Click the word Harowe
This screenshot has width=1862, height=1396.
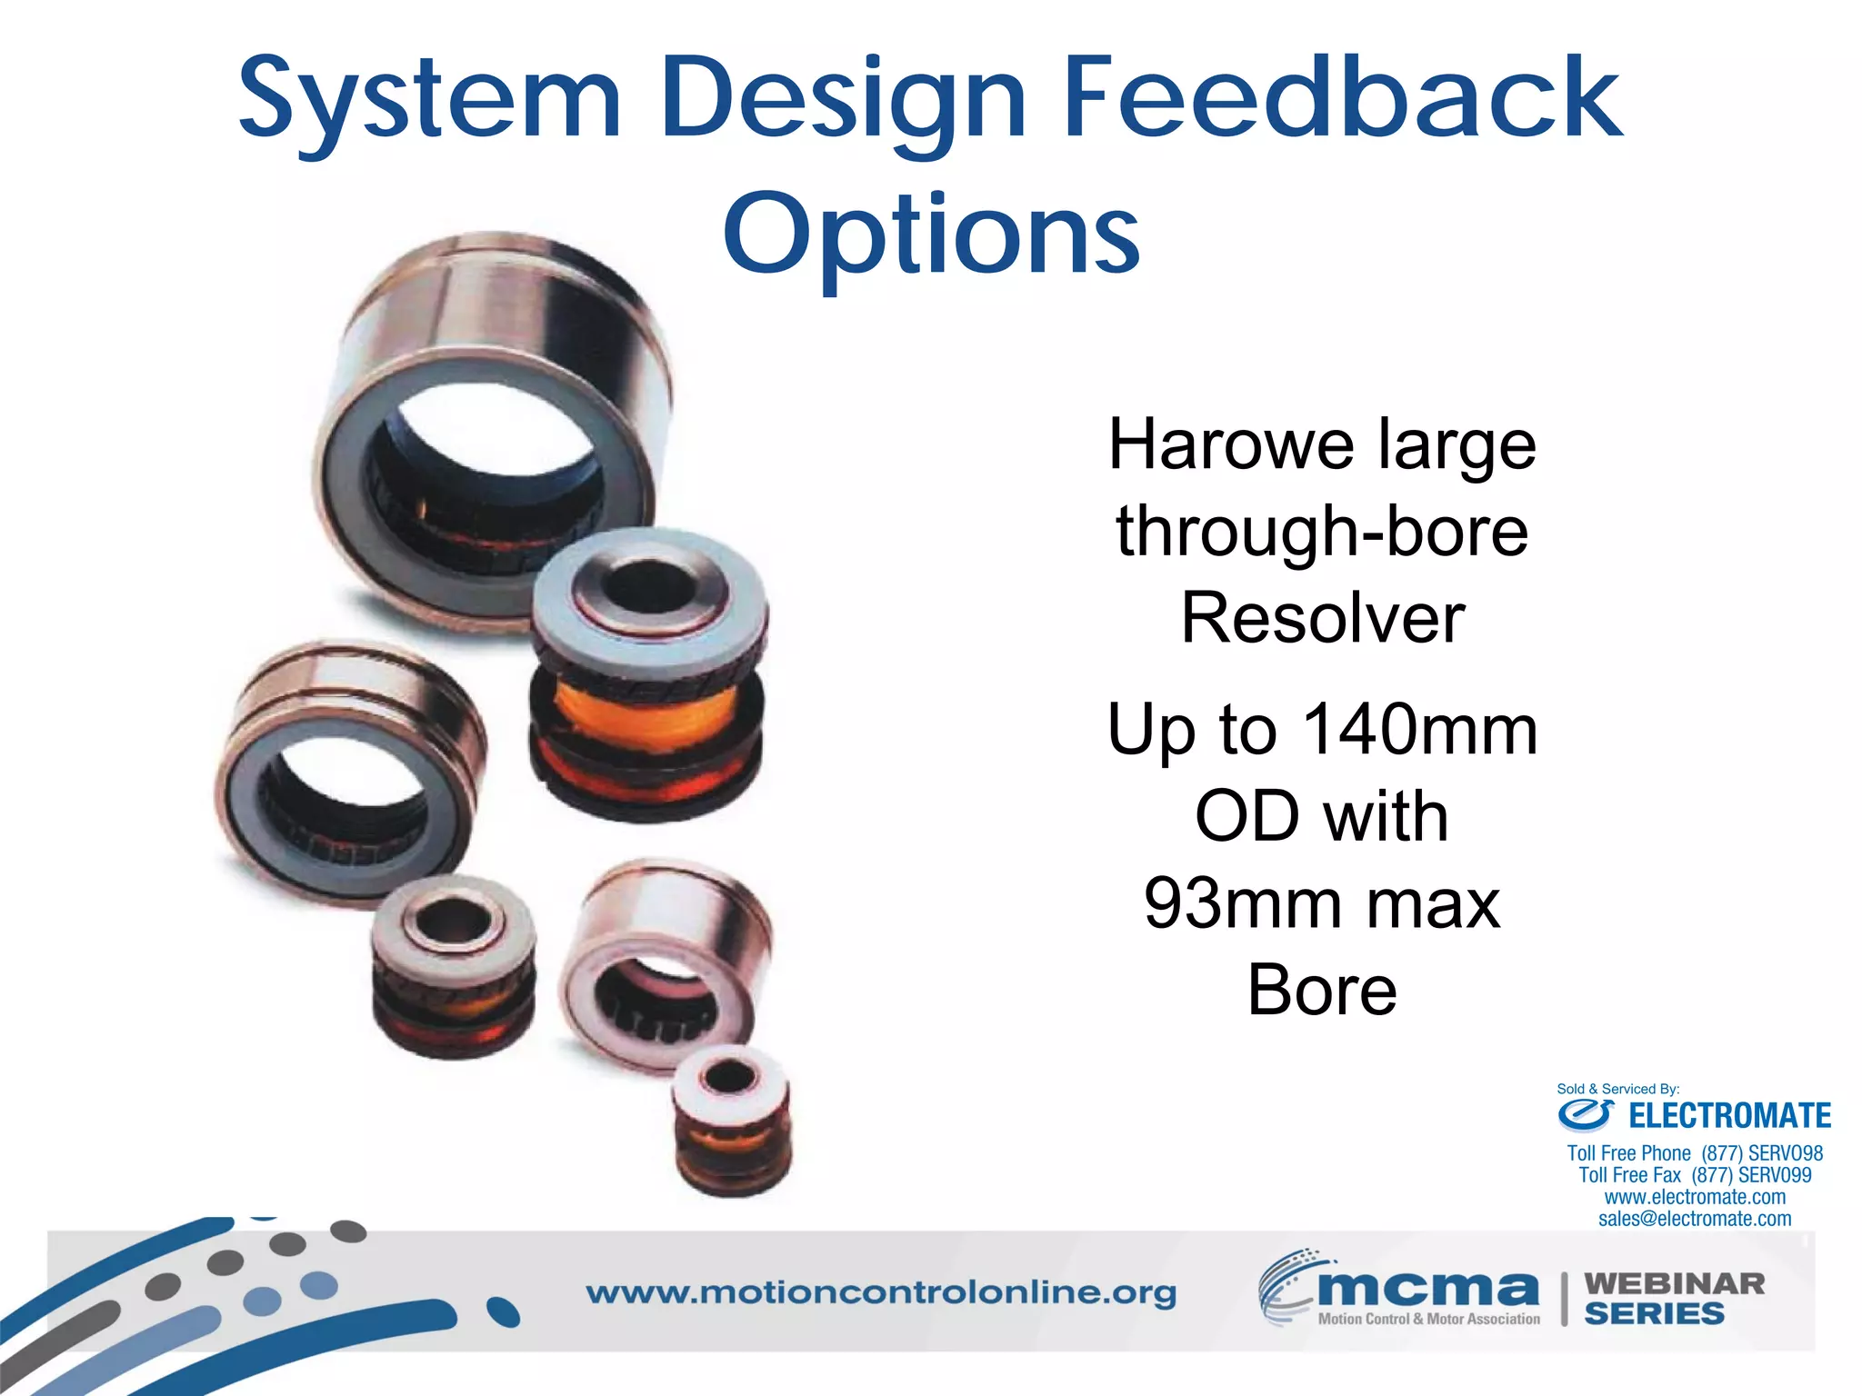1229,445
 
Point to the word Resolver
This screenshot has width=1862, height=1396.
1323,619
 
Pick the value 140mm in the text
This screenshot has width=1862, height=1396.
1420,730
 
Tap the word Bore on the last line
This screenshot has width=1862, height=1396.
1322,991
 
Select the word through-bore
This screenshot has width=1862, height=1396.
1322,532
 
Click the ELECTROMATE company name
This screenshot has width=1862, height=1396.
1729,1116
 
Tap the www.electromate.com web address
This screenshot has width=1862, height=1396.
1695,1197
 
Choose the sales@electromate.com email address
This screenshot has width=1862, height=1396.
1695,1219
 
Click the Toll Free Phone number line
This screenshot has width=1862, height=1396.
1695,1153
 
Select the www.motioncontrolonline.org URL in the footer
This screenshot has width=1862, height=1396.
880,1292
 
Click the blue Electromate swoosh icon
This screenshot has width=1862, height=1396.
1586,1114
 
